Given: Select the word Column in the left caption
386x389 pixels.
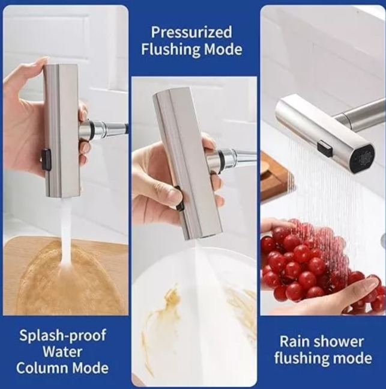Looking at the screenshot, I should [43, 368].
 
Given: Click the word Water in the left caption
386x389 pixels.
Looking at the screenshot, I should [62, 352].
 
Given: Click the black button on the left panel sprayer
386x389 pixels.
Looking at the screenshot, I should [45, 159].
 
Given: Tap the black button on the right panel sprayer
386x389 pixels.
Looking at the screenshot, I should [325, 149].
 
